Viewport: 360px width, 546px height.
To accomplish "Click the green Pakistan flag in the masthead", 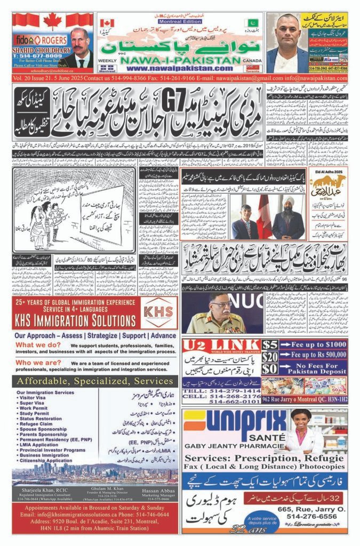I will click(x=251, y=23).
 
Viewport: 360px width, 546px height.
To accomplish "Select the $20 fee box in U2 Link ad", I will click(x=270, y=357).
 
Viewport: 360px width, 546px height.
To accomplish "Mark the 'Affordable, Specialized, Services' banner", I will click(x=95, y=381).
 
